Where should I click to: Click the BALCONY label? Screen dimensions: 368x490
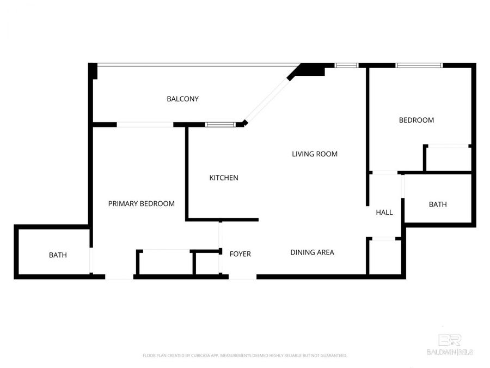pos(182,99)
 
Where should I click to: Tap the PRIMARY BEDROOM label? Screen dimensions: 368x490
pos(141,204)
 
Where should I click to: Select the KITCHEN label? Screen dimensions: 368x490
pos(224,178)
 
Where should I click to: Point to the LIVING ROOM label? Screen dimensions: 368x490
pos(315,154)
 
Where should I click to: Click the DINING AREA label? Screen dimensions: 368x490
pos(312,252)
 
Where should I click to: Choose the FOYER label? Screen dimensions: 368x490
pos(240,254)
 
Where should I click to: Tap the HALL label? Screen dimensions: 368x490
pos(384,213)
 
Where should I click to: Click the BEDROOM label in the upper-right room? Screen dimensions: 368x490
pos(416,120)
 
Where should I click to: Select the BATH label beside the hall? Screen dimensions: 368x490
pos(438,204)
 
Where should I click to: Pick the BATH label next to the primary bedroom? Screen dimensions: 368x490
pos(58,255)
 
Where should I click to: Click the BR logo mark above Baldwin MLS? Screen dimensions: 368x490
pos(450,340)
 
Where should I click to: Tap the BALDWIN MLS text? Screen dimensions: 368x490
pos(450,352)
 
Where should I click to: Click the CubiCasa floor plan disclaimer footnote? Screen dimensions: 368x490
pos(244,355)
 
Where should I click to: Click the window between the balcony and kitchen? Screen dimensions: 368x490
pos(220,125)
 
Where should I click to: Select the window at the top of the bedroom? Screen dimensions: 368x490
pos(419,65)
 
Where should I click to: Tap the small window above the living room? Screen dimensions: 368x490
pos(346,65)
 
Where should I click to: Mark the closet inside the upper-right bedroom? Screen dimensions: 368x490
pos(448,159)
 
